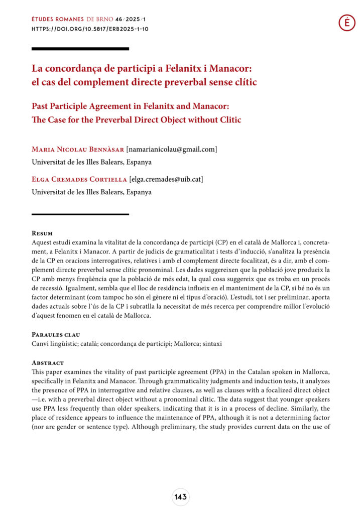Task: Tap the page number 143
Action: [180, 497]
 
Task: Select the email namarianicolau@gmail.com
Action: [172, 149]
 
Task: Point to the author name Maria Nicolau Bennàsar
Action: [77, 149]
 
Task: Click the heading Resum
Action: [42, 233]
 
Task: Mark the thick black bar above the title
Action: [80, 49]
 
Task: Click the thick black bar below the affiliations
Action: [80, 214]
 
